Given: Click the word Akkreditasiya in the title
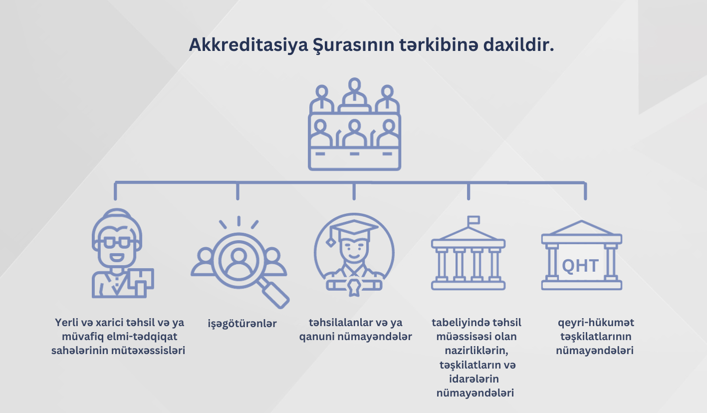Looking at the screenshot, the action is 248,45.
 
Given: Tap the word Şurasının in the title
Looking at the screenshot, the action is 353,45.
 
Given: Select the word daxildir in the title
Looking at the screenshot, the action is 518,44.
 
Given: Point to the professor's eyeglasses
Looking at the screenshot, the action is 117,243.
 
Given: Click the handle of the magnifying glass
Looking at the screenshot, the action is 275,294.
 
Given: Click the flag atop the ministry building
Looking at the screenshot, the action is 473,220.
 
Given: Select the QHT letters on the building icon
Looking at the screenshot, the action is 580,266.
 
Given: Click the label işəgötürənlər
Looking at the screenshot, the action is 242,324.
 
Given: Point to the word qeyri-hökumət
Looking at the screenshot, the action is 596,323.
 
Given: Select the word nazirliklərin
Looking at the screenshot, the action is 476,351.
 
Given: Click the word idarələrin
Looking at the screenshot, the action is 474,379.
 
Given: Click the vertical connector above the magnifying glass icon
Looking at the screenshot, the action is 237,191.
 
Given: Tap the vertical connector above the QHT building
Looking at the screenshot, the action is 585,191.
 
